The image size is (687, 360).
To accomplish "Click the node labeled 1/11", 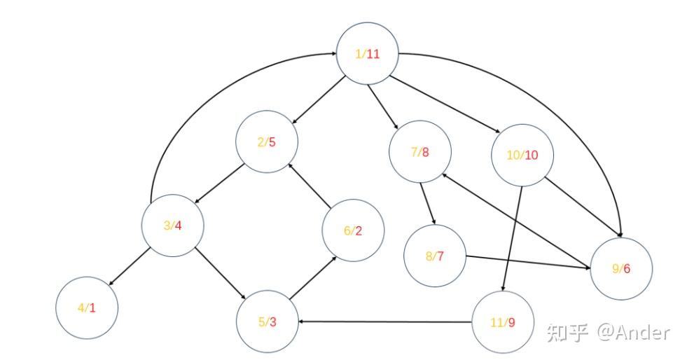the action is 368,55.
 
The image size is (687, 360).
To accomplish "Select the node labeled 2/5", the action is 267,142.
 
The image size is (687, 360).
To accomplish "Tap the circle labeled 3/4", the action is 173,226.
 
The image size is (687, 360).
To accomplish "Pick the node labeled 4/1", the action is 87,307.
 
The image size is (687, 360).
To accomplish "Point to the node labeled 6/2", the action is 353,231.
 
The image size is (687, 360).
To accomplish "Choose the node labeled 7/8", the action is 420,151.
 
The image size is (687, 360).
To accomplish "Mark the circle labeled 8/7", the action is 435,256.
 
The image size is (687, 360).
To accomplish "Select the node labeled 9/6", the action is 621,269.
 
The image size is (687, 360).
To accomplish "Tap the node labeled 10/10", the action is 522,155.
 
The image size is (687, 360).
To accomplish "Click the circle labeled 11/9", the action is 503,322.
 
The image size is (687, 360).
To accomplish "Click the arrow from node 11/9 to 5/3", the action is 385,322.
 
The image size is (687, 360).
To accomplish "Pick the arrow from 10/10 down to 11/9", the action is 513,238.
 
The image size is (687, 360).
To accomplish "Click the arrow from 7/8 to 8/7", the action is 428,204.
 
